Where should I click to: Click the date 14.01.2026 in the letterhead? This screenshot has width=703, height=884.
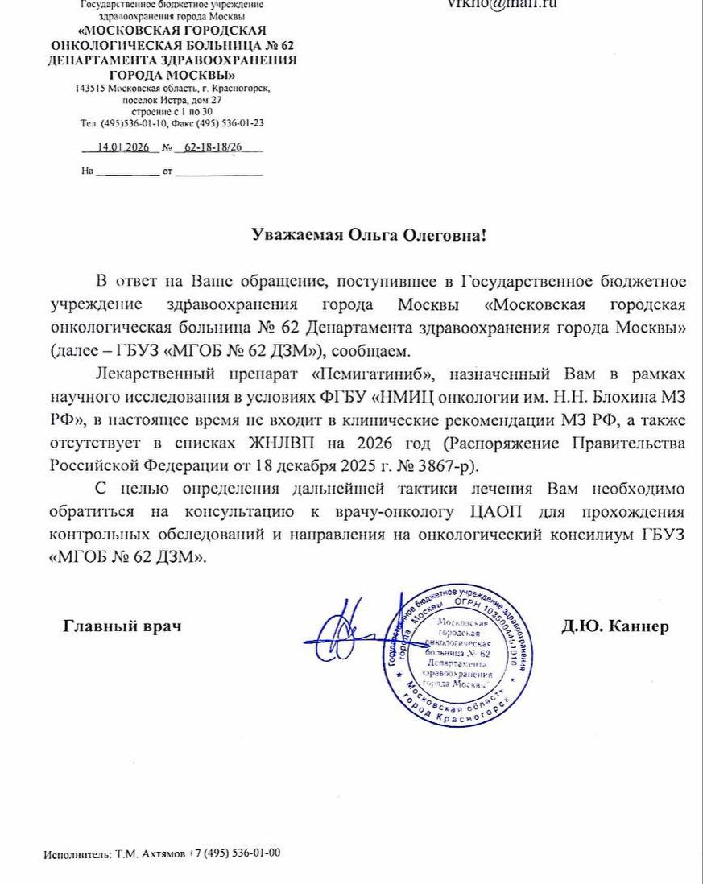click(118, 147)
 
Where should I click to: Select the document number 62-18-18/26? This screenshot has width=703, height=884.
click(213, 147)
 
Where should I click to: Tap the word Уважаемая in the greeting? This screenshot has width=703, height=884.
click(296, 236)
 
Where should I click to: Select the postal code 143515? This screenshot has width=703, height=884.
click(90, 89)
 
